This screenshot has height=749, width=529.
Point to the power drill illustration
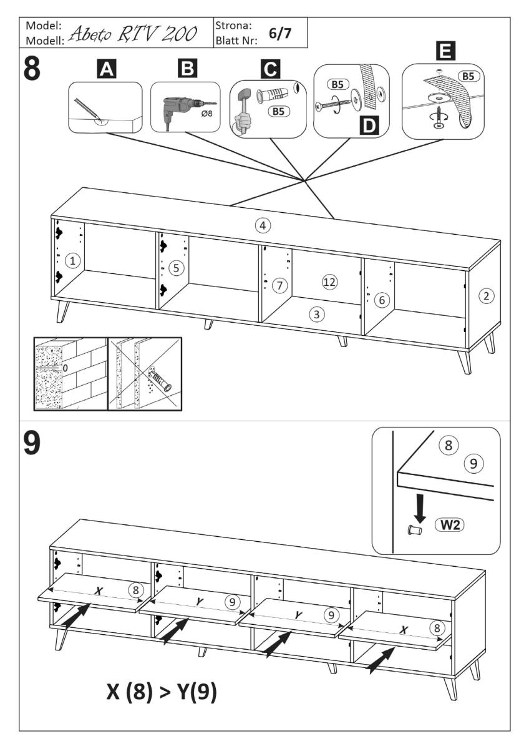coord(182,105)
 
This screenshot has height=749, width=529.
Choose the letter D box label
coord(371,125)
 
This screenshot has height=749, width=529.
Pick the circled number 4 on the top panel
coord(264,225)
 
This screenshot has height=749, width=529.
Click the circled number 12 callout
coord(329,282)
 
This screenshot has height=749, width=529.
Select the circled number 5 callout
coord(177,268)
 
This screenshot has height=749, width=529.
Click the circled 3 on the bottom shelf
coord(318,315)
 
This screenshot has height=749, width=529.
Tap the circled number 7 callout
coord(281,286)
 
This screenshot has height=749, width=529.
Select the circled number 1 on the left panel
coord(74,261)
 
